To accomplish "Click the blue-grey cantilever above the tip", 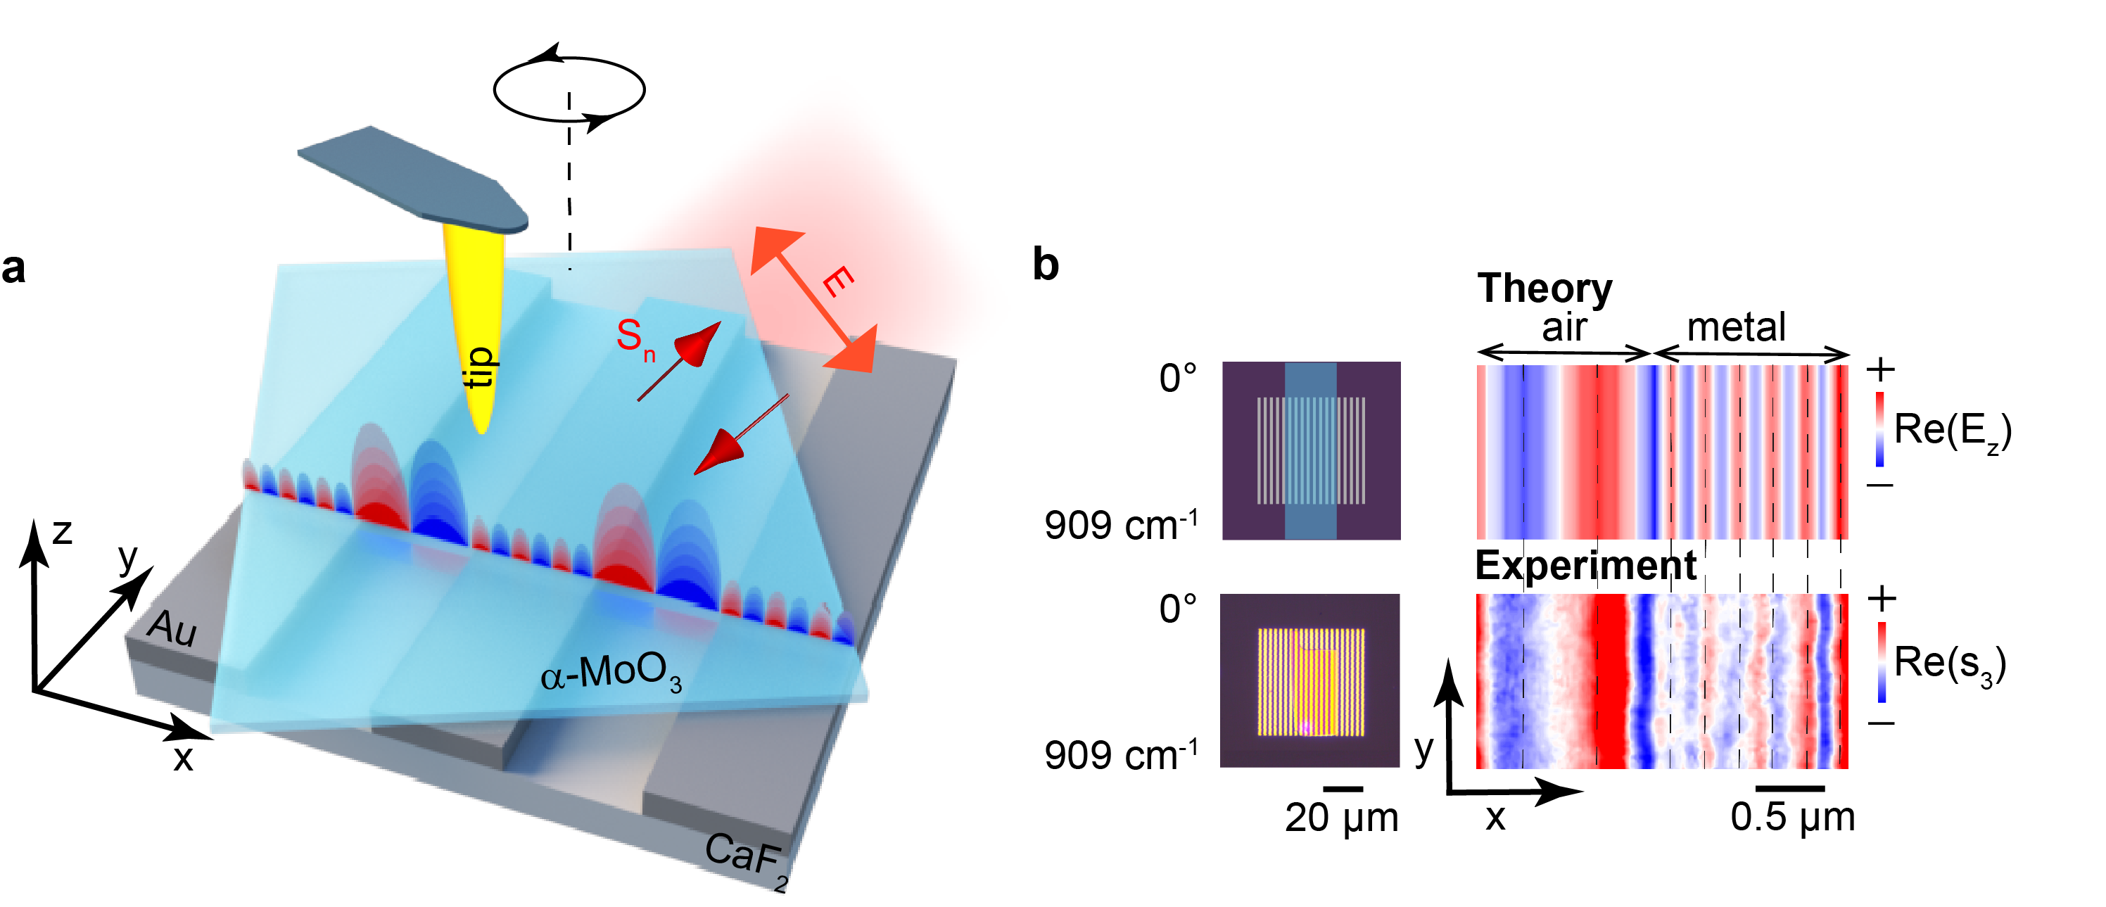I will point(409,176).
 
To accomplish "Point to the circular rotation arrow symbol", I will point(569,89).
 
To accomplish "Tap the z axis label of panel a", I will point(62,533).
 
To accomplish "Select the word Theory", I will point(1544,288).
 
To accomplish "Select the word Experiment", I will point(1585,565).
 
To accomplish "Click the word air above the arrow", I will point(1564,328).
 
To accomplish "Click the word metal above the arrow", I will point(1736,328).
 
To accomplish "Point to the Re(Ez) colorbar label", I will point(1951,429).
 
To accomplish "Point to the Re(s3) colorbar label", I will point(1950,661).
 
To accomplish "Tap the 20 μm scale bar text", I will point(1340,818).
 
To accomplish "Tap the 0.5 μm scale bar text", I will point(1792,818).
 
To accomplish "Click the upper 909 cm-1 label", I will point(1120,524).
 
